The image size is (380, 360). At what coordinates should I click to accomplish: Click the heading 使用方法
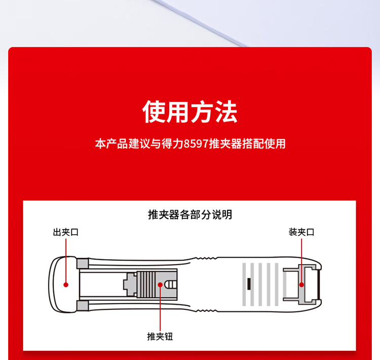(x=190, y=112)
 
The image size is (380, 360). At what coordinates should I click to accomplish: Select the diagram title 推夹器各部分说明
(x=190, y=214)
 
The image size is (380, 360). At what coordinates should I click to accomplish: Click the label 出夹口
(x=66, y=232)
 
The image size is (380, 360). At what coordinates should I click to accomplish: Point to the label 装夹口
(x=301, y=232)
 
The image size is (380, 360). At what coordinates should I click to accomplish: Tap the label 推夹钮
(x=160, y=337)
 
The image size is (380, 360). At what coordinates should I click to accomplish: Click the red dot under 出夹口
(x=66, y=284)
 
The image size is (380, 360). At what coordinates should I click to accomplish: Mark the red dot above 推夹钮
(x=160, y=284)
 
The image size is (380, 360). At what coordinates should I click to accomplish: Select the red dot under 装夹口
(x=301, y=284)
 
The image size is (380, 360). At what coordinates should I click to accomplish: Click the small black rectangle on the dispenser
(x=249, y=284)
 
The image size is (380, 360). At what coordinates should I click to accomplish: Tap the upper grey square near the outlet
(x=83, y=264)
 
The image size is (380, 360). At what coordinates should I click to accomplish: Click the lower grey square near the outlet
(x=83, y=306)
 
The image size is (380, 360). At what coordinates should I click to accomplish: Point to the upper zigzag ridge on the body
(x=206, y=259)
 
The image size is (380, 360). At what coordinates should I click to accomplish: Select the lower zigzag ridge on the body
(x=206, y=310)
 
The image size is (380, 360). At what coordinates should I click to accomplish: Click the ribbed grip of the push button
(x=146, y=284)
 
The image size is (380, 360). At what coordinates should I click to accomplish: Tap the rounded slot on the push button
(x=171, y=284)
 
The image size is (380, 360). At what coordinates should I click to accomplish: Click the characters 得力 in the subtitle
(x=172, y=143)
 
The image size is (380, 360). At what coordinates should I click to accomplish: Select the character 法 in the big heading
(x=226, y=112)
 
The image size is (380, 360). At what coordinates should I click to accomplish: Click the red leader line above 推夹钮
(x=160, y=308)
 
